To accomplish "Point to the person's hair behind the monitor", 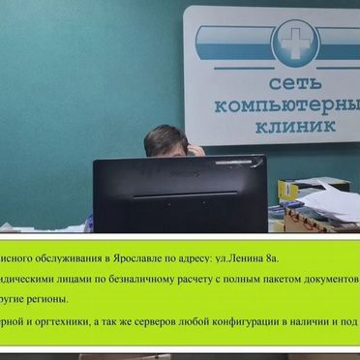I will click(164, 138).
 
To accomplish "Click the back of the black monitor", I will click(179, 194).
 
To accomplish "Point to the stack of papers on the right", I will click(329, 203).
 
